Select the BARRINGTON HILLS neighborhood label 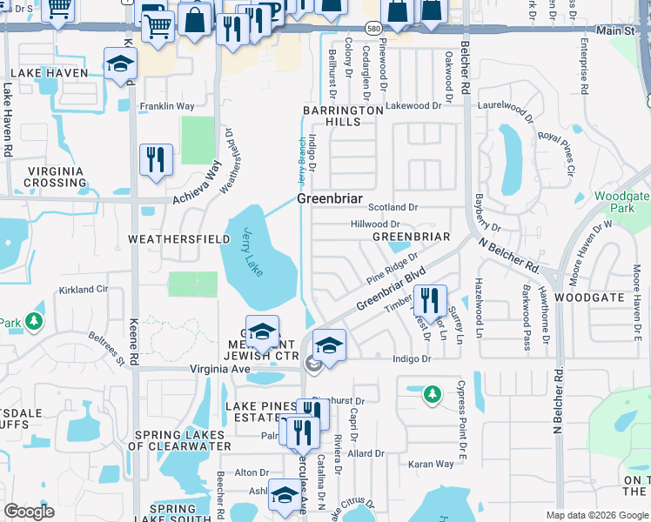click(342, 117)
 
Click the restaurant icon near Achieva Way click(157, 160)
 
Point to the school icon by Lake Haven click(120, 64)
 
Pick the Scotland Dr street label click(393, 208)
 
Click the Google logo click(29, 512)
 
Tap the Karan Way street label click(432, 465)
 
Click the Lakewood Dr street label click(414, 105)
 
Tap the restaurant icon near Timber click(430, 301)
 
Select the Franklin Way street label click(167, 106)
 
